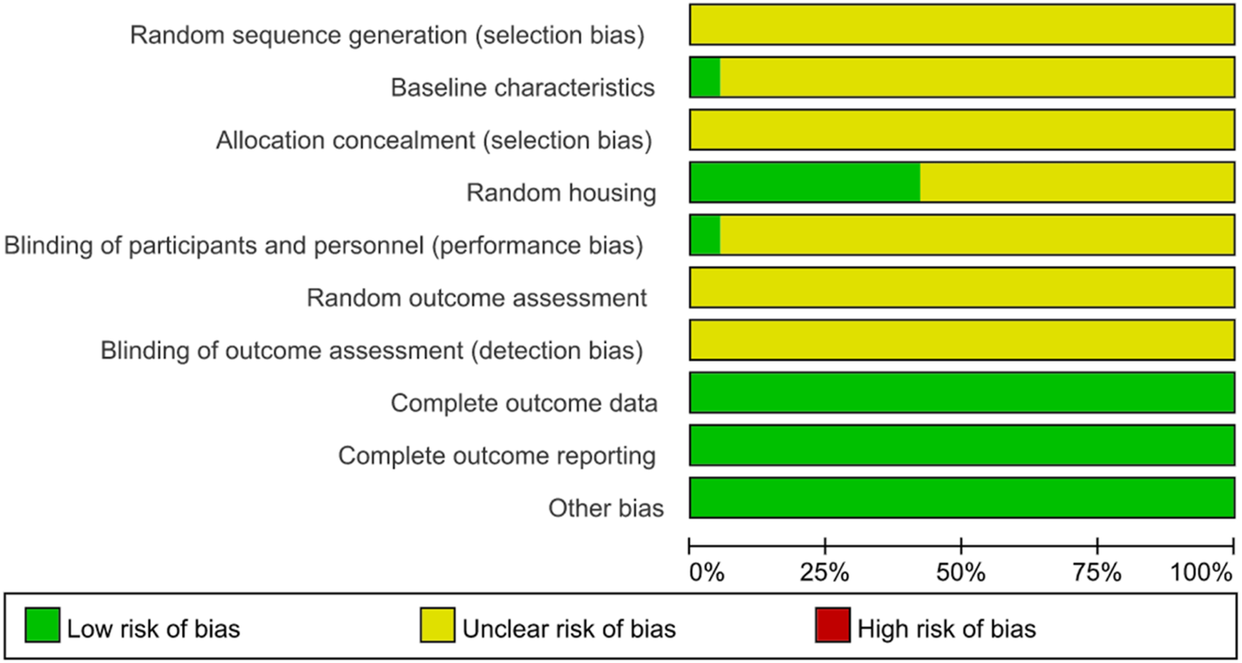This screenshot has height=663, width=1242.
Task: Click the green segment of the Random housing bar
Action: click(804, 183)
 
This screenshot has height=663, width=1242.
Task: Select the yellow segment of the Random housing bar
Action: click(1077, 183)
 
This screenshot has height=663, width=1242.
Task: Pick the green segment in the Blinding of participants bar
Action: click(705, 235)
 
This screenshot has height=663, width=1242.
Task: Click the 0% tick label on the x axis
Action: click(706, 572)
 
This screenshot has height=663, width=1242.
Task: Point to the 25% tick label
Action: click(825, 572)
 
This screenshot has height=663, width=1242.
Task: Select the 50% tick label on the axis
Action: click(961, 572)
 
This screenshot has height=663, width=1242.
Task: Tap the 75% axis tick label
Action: click(1097, 572)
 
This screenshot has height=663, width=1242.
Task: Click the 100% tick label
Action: click(1201, 572)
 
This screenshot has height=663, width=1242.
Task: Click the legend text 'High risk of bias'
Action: click(947, 629)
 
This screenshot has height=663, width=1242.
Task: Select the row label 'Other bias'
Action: click(606, 508)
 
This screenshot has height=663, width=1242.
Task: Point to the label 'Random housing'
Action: click(561, 194)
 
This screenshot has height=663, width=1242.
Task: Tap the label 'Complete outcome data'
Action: click(524, 404)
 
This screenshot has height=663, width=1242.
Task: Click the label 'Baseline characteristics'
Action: click(523, 88)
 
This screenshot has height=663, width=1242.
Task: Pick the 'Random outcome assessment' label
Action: click(476, 299)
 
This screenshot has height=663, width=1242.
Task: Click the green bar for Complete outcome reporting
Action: click(962, 445)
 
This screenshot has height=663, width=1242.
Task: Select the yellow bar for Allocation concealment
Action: click(962, 130)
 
